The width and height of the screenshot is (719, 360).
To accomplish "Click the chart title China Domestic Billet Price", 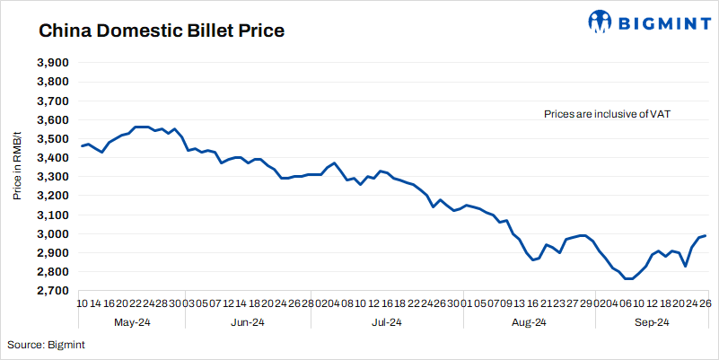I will pos(161,31).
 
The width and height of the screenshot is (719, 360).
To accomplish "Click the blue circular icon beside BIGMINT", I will pos(600,21).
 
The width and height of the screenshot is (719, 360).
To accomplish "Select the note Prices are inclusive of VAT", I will pos(608,114).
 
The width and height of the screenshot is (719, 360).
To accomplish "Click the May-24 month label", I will pos(132,321).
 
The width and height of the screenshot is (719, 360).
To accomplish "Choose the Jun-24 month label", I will pos(247,321).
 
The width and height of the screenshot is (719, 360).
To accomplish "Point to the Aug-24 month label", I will pos(529,321).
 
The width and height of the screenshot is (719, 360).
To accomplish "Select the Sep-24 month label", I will pos(652,321).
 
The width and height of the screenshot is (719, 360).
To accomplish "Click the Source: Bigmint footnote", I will pos(46,345).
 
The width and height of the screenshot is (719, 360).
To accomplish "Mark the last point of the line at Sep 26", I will pos(706,235).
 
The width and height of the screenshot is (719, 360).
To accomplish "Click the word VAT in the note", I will pos(662,114).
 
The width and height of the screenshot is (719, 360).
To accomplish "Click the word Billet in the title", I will pos(200,31).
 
